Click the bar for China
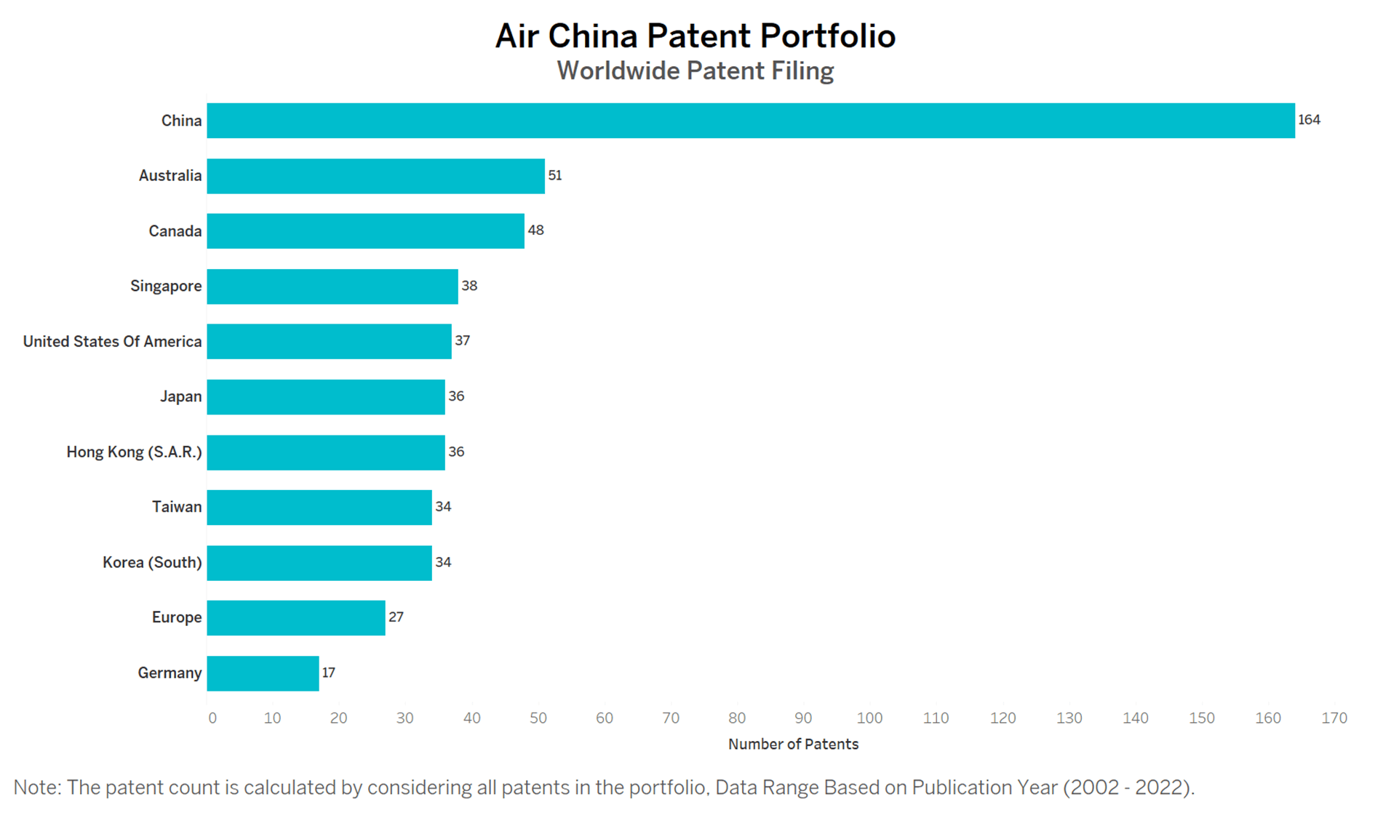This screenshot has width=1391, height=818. point(751,121)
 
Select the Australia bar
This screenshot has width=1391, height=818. point(376,176)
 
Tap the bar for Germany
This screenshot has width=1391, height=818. point(263,673)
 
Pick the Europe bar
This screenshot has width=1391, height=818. point(296,618)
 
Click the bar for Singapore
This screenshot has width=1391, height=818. point(332,286)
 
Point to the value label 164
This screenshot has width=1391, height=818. point(1309,120)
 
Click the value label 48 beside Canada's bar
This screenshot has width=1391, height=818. point(535,230)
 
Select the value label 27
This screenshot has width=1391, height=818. point(396,617)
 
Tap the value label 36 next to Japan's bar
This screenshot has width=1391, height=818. point(456,396)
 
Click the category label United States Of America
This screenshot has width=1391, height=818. point(112,342)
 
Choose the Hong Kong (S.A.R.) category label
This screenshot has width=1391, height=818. point(134,452)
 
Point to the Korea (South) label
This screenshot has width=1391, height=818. point(152,563)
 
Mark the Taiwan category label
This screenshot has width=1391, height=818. point(177,507)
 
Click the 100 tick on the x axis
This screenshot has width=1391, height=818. point(869,718)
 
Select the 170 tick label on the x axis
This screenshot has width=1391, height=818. point(1334,718)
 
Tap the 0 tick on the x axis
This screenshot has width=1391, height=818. point(212,718)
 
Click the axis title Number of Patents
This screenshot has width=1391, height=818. point(793,745)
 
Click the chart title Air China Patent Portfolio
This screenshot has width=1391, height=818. point(695,36)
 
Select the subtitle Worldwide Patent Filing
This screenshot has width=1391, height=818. point(695,71)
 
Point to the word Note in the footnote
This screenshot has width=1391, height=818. point(37,787)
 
